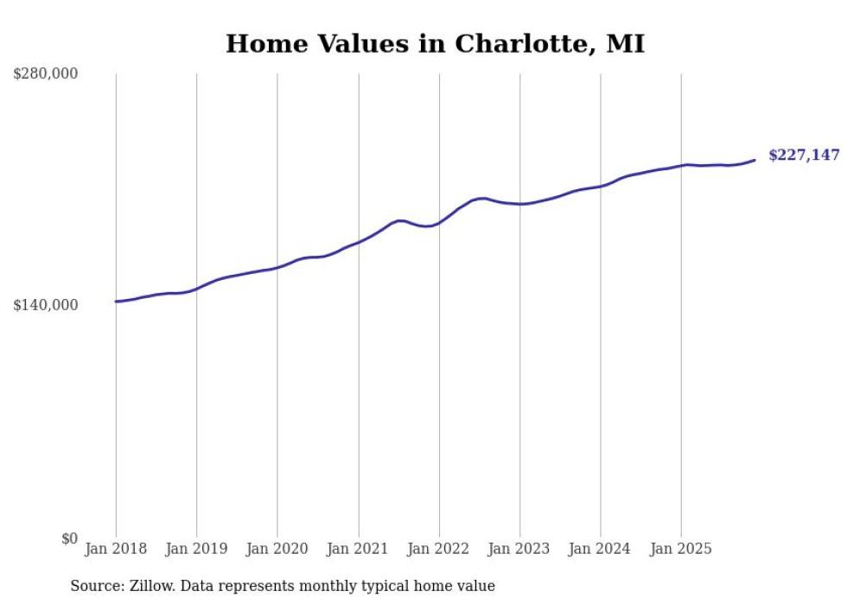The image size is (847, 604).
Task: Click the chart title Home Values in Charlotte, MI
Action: [435, 44]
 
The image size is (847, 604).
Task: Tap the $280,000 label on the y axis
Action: [46, 73]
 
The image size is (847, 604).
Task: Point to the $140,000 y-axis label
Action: [46, 305]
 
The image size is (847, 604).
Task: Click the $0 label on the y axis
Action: [69, 538]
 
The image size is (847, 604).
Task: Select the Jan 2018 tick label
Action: [116, 549]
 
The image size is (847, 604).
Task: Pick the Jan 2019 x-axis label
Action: [196, 549]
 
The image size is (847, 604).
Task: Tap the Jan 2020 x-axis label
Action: [277, 549]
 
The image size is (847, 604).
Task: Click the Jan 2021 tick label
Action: [358, 549]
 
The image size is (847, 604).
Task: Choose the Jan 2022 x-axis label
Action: [439, 549]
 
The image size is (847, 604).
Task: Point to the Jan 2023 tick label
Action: [519, 549]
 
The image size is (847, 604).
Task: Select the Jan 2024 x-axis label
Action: [601, 549]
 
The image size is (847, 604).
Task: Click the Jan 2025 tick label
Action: [681, 549]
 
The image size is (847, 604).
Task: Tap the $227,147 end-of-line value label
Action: [804, 156]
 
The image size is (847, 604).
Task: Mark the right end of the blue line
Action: [755, 160]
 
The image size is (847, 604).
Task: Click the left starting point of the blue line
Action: [116, 302]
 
